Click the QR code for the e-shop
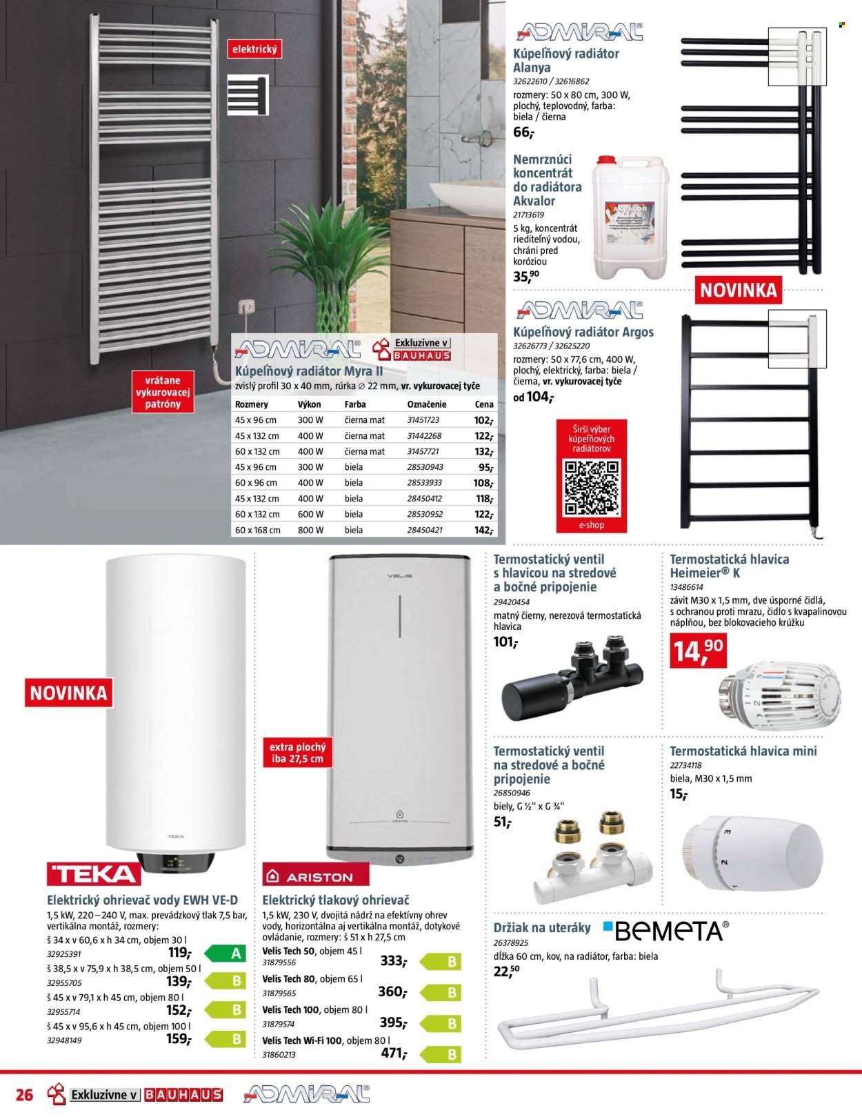(592, 487)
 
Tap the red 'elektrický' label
(254, 50)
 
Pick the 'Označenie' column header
(426, 404)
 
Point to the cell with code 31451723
(423, 420)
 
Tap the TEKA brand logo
(94, 874)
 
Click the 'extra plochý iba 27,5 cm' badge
(297, 753)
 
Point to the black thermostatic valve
(572, 680)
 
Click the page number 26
(24, 1095)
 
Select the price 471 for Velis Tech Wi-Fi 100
(394, 1053)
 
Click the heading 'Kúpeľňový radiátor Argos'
(583, 332)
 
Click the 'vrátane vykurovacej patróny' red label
(162, 392)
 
